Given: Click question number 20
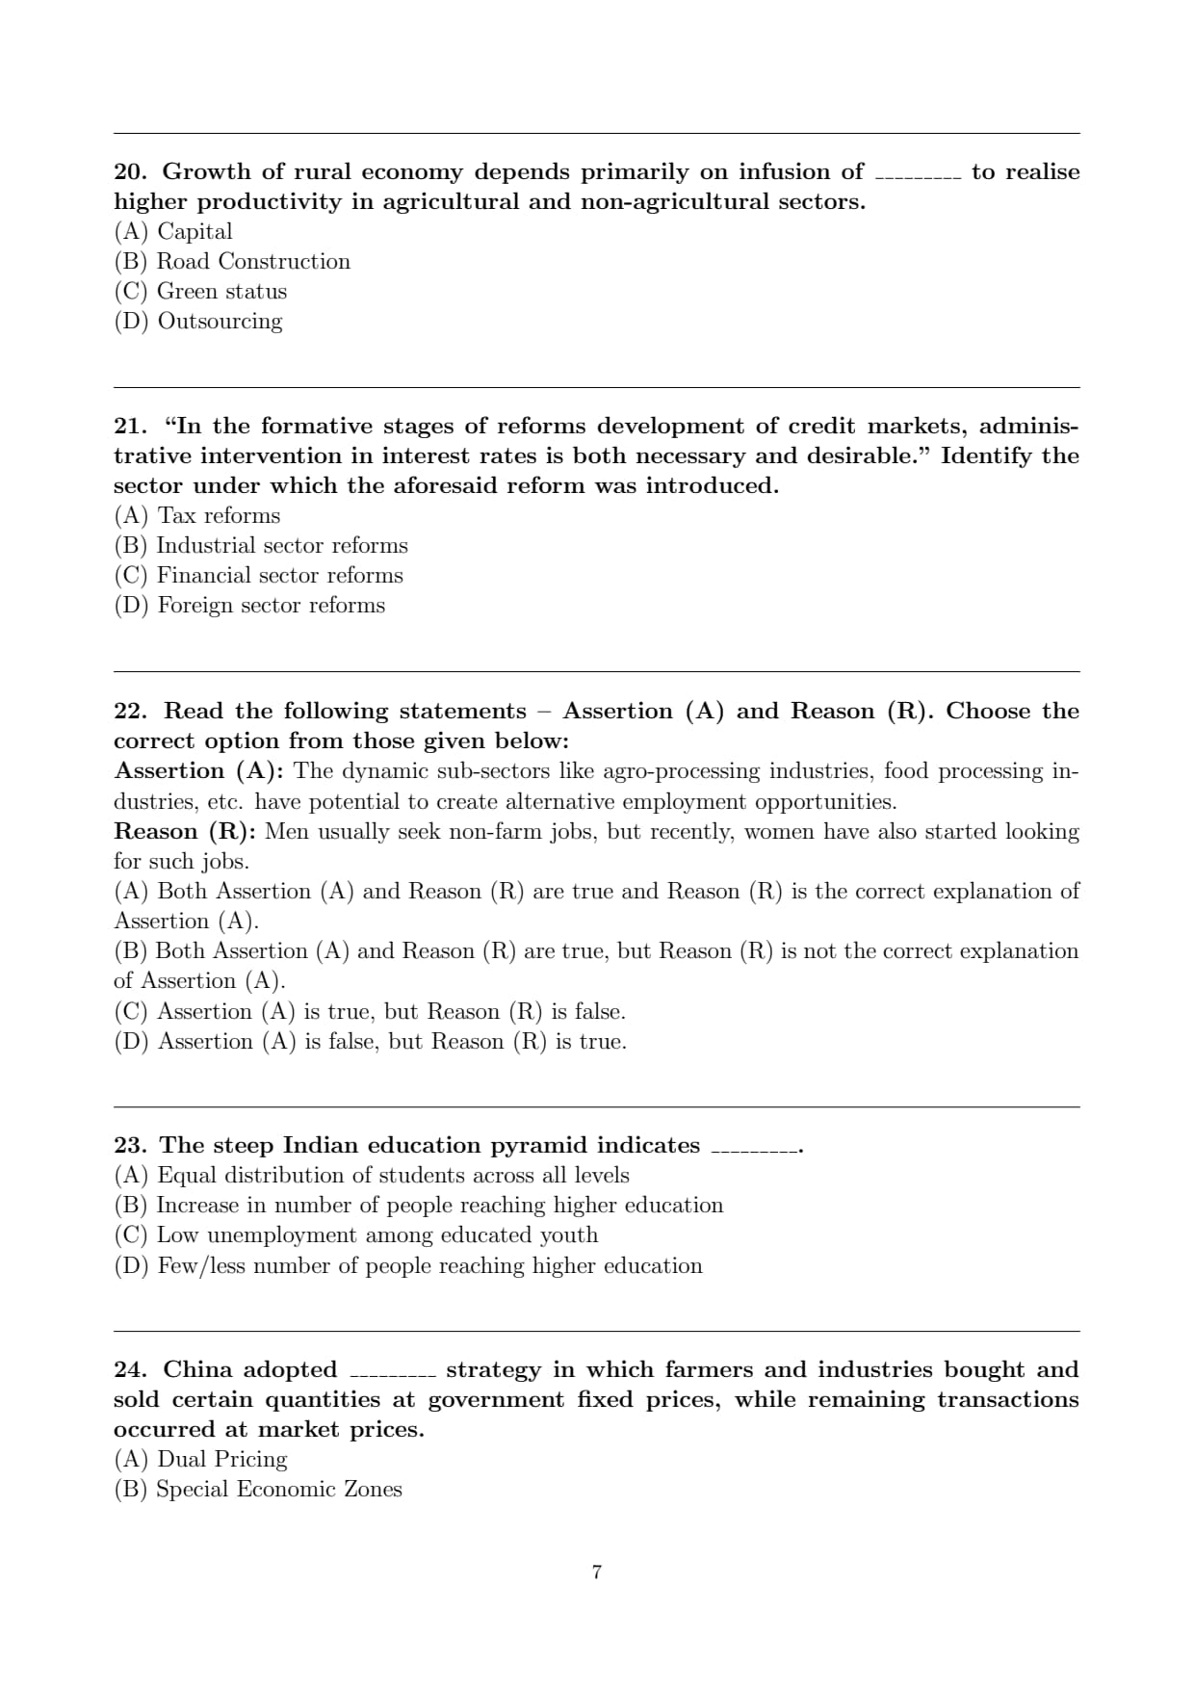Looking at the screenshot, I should (129, 172).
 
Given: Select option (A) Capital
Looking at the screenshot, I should (173, 232).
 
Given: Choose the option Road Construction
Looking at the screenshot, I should (232, 262).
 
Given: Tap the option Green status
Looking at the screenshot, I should (200, 292).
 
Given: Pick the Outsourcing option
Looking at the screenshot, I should (198, 322).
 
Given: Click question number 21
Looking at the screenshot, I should (129, 427).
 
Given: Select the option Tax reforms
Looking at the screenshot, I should (197, 516).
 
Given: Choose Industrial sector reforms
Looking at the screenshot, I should (261, 546).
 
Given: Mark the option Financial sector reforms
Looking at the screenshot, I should (258, 576).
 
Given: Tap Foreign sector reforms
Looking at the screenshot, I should (249, 606).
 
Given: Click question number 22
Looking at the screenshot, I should (129, 712).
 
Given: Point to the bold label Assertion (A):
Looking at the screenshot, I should (198, 771).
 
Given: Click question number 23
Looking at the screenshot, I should (129, 1146).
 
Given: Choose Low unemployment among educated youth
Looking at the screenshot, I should (355, 1235).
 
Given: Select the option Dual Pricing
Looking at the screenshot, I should (200, 1460).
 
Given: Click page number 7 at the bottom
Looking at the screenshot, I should (597, 1572).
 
